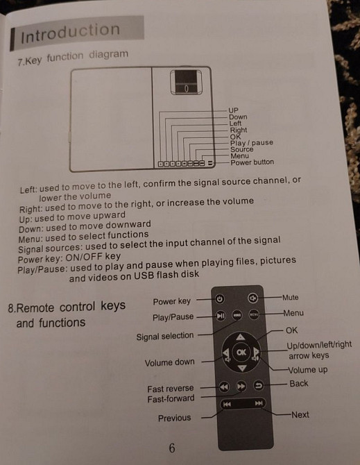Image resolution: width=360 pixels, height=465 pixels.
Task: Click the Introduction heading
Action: click(70, 33)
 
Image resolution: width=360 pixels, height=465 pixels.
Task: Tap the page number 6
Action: click(172, 448)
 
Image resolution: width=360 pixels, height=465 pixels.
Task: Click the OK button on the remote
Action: click(241, 352)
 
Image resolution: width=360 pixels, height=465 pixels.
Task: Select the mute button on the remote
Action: click(252, 298)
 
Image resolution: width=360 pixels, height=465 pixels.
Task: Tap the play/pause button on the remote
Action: click(220, 316)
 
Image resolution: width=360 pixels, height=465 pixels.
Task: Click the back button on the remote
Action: click(259, 385)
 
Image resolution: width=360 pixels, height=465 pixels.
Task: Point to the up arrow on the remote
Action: click(241, 337)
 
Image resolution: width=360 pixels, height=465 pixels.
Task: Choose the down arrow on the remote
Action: click(242, 369)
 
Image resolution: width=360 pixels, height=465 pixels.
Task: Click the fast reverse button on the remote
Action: click(224, 387)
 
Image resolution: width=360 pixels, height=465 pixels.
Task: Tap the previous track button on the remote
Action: click(227, 404)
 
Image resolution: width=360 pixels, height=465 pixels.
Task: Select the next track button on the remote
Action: click(259, 403)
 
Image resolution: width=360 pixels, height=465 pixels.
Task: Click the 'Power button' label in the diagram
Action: click(252, 162)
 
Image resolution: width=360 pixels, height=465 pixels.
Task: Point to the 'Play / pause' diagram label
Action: click(252, 143)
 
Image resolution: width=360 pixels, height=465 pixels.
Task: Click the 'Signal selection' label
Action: click(165, 337)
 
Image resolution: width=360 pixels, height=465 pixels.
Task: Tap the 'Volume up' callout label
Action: click(308, 370)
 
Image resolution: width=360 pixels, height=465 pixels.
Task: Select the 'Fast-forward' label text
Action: click(171, 398)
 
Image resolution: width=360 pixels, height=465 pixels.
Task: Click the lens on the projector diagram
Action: click(186, 82)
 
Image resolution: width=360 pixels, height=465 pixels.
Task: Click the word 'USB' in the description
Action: click(144, 276)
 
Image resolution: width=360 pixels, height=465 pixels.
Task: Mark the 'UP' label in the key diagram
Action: click(233, 110)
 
